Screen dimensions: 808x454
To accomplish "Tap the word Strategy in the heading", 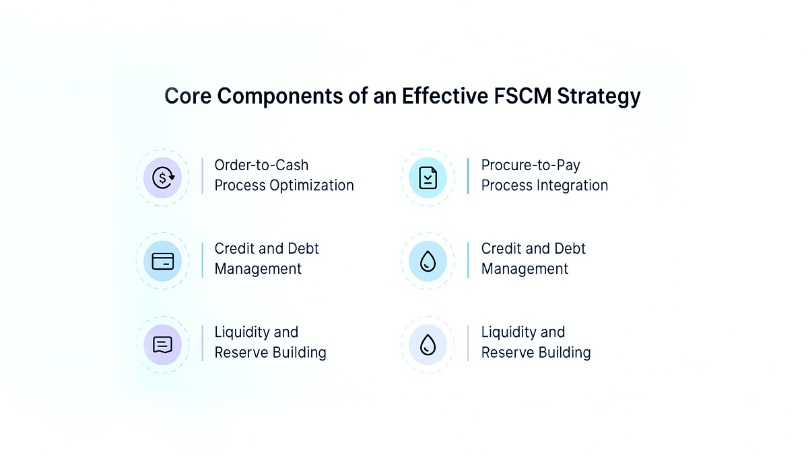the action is point(598,97).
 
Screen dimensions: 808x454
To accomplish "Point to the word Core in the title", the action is point(187,96).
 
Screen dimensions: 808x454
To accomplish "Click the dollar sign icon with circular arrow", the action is point(162,178).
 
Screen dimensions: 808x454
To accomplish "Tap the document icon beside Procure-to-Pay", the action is point(428,178).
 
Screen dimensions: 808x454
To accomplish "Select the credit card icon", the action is point(162,261).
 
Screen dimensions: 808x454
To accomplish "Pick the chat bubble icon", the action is point(162,344).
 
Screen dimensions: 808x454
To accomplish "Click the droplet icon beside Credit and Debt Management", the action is point(428,261).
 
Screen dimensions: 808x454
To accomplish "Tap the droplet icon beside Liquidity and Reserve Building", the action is point(428,344).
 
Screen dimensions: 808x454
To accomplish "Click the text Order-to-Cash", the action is point(261,165).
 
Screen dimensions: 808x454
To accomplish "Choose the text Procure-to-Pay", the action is point(531,165).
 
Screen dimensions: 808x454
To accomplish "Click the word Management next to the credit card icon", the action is point(258,269).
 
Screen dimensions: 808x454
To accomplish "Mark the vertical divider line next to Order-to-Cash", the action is point(202,176).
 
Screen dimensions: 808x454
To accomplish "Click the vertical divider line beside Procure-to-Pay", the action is point(468,176).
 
